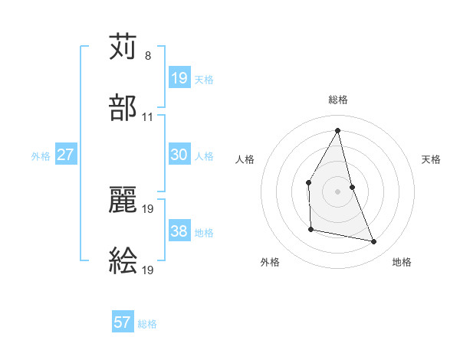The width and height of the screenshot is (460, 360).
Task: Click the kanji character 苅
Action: click(x=123, y=47)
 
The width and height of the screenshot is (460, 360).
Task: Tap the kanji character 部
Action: click(x=123, y=108)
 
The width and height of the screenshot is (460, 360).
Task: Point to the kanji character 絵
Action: click(x=123, y=261)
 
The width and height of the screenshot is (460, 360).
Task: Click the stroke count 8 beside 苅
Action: click(x=148, y=56)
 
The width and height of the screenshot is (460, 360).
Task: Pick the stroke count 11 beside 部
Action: click(x=148, y=117)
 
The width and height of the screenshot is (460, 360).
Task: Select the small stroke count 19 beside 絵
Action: click(x=148, y=270)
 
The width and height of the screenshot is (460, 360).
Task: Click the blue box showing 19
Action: click(x=179, y=78)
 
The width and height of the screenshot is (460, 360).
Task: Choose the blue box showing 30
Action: click(x=179, y=155)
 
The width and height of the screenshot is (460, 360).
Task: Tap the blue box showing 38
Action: click(x=179, y=231)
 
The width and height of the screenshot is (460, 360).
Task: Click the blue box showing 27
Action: click(x=66, y=155)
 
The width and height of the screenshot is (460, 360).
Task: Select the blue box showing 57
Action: click(x=123, y=322)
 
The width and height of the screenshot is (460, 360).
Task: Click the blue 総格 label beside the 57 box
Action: click(x=147, y=324)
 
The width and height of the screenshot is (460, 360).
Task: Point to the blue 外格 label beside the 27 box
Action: click(x=41, y=155)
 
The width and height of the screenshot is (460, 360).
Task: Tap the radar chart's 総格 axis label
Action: click(x=338, y=100)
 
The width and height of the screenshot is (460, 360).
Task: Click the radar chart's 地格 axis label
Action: click(x=402, y=263)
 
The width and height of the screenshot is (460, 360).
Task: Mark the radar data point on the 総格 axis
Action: click(x=338, y=129)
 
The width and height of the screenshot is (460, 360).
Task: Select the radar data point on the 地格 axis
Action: click(x=374, y=242)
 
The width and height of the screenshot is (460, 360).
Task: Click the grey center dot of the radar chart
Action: click(x=338, y=191)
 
